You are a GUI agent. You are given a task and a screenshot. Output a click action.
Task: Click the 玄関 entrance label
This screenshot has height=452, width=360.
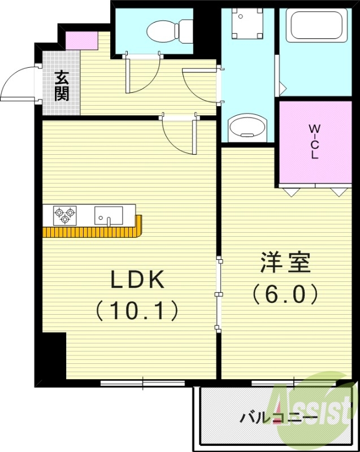[61, 85]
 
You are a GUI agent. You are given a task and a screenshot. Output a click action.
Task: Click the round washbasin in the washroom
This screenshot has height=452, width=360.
[246, 127]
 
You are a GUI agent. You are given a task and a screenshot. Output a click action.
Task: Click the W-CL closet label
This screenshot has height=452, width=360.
[314, 142]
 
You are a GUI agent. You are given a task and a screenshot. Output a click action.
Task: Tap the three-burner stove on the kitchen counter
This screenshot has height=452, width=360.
[64, 215]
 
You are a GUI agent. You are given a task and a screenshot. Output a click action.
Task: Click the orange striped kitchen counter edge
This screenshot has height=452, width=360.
[93, 232]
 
